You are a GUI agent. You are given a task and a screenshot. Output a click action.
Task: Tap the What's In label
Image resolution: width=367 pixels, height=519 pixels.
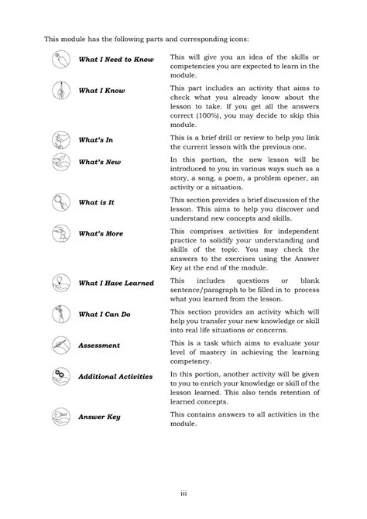[96, 140]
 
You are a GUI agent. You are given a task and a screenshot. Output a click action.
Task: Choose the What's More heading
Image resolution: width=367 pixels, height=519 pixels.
[101, 233]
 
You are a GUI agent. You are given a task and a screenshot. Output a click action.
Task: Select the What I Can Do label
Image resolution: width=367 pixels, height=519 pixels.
[105, 314]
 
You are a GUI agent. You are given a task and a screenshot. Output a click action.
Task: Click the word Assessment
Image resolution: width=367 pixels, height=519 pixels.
[99, 345]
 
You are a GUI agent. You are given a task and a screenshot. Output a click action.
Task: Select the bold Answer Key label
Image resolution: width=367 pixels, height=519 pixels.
[99, 417]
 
